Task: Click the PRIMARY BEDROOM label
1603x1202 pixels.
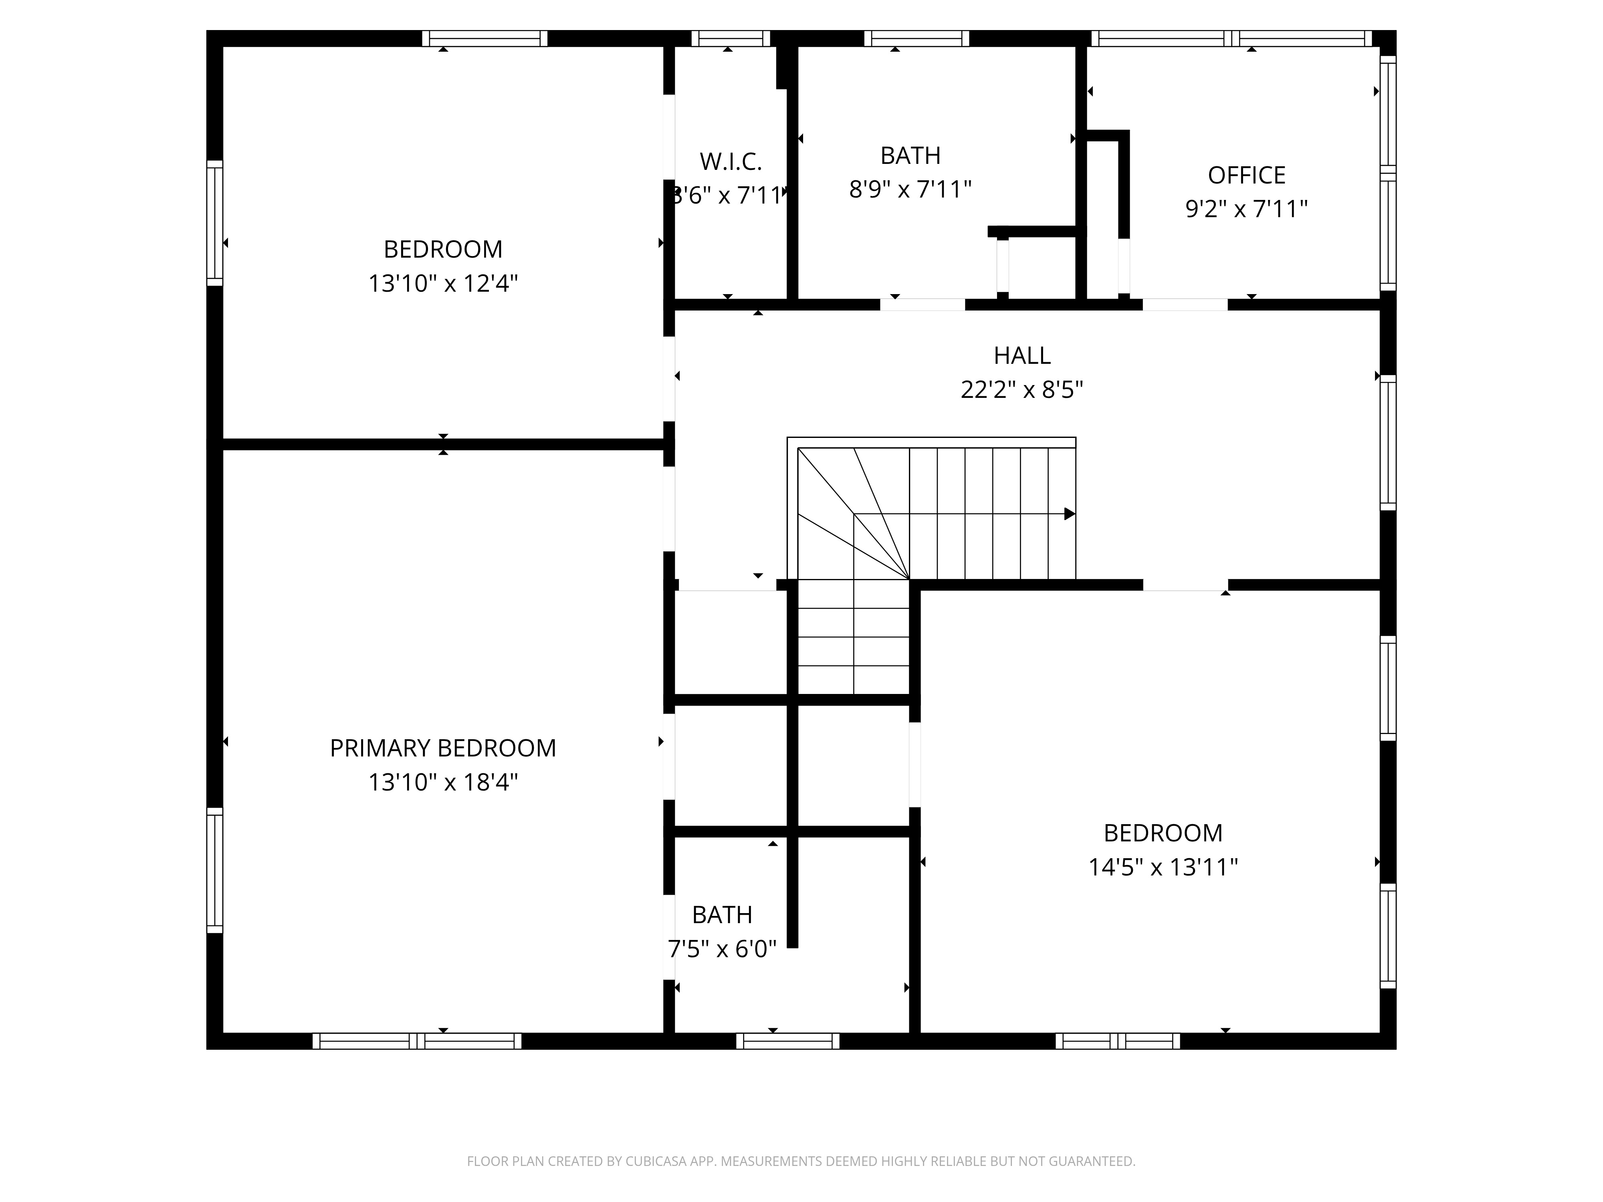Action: pos(443,748)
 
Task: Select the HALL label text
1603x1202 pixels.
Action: pos(1022,355)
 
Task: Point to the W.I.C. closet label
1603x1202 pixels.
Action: pos(731,161)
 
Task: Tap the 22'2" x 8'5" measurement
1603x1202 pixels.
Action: pos(1022,390)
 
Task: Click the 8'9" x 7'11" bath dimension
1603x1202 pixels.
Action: pos(910,189)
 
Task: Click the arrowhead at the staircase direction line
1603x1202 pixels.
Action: pos(1070,514)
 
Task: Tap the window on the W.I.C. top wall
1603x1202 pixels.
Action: pos(731,38)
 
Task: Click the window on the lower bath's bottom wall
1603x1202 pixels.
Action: pos(788,1041)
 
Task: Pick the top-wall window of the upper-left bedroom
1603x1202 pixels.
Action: pos(485,38)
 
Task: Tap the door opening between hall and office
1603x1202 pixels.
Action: pos(1185,304)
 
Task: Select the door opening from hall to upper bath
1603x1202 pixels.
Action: pos(923,304)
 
